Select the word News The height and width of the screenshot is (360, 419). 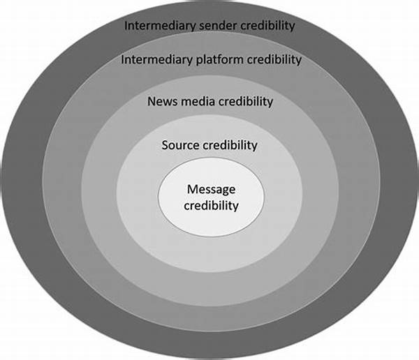point(162,102)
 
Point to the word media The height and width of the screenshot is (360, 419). point(197,102)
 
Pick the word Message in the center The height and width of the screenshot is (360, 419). point(211,190)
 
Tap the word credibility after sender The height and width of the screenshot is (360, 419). point(262,27)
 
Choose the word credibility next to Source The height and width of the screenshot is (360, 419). point(230,145)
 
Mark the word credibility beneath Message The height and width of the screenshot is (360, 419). point(211,206)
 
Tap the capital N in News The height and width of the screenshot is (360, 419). point(152,102)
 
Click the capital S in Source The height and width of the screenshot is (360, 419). point(166,145)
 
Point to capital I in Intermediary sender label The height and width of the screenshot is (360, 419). point(126,27)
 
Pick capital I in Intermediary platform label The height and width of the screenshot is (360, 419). point(122,60)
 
